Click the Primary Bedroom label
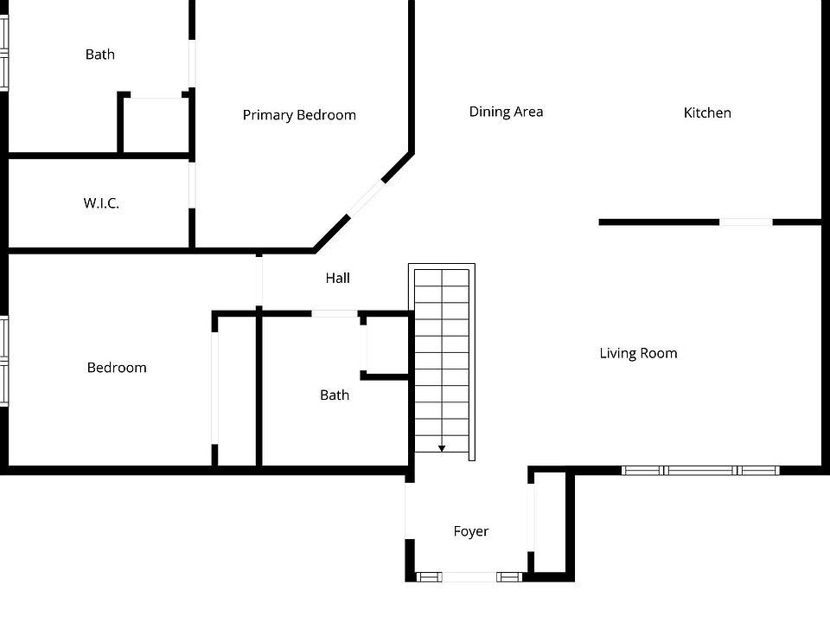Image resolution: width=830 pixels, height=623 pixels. pos(299,115)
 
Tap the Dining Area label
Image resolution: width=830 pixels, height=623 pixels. pos(506,112)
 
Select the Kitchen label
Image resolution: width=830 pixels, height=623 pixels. pos(707,112)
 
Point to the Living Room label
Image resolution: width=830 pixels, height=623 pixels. pos(638,353)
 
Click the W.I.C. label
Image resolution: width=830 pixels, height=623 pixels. pos(101,203)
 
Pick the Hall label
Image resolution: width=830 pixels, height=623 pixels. pos(338,279)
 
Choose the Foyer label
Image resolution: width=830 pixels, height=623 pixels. pos(471,531)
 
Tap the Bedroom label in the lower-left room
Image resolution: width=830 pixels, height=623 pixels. pos(117,368)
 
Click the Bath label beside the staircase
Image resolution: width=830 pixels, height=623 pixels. pos(335,395)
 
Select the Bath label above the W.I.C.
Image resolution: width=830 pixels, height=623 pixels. pos(99,55)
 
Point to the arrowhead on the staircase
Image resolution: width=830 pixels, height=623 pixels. pos(442,447)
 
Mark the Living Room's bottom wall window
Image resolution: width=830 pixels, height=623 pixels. pos(700,471)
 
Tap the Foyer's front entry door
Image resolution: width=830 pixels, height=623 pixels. pos(469,576)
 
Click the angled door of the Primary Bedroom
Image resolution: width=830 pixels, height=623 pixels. pos(365,198)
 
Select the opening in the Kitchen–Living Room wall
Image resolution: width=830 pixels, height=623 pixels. pos(745,222)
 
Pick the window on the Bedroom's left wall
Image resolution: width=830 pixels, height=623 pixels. pos(3,361)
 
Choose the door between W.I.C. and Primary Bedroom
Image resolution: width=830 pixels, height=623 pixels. pos(192,183)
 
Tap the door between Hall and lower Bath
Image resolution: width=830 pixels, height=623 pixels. pos(334,313)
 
